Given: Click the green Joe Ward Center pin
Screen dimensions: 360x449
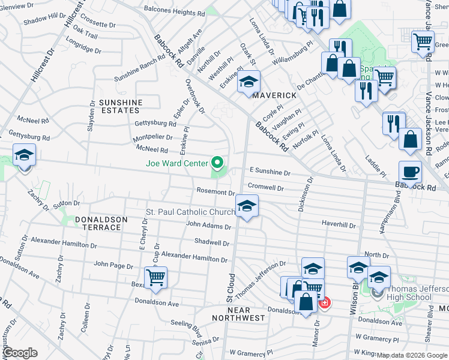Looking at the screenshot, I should click(x=217, y=163).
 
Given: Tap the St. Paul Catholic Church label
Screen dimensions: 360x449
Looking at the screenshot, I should click(x=191, y=212).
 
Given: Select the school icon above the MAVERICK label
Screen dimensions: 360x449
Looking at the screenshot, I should click(x=249, y=83).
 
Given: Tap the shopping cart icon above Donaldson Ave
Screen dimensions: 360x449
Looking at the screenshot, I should click(x=156, y=277).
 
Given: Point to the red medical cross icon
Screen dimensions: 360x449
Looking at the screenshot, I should click(x=324, y=303).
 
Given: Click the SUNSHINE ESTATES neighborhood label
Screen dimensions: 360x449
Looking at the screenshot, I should click(x=120, y=106).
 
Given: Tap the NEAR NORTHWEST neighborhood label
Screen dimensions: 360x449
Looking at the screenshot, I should click(x=239, y=313).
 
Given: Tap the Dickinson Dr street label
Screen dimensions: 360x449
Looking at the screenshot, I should click(x=303, y=193).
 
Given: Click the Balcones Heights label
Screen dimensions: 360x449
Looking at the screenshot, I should click(x=171, y=12).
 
